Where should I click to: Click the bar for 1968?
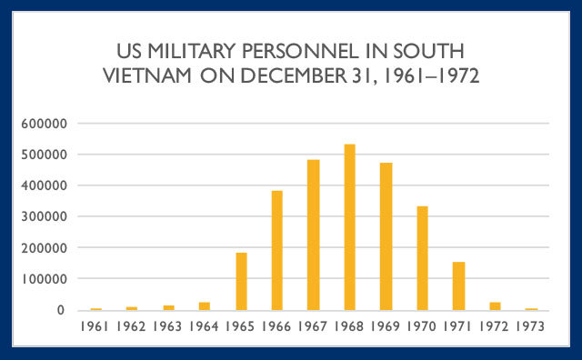[349, 227]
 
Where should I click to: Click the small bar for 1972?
[495, 305]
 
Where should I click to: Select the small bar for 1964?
[205, 305]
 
